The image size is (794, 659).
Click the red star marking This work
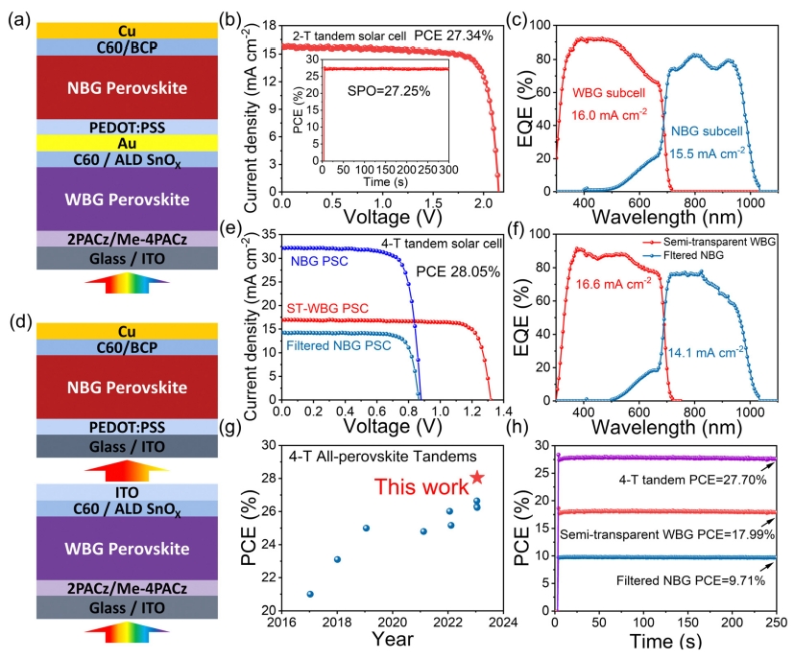point(477,478)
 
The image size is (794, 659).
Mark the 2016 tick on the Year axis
point(282,622)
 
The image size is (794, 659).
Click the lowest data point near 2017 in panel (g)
point(310,594)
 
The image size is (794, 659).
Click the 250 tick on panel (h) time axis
point(776,622)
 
